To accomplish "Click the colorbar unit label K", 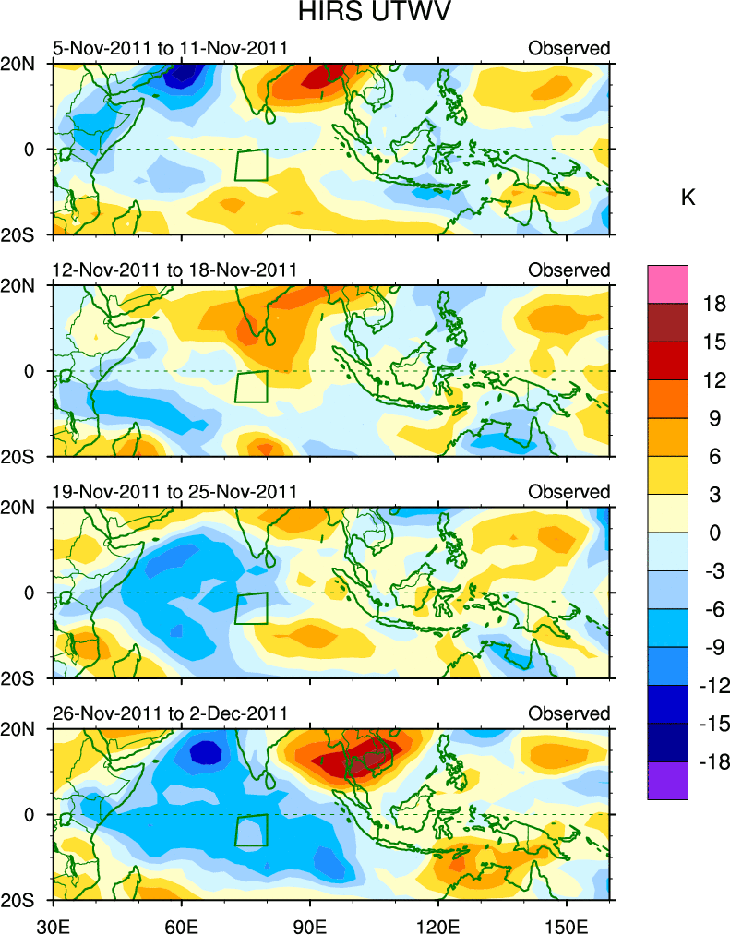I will (688, 198).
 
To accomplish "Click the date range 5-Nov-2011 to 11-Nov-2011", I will (170, 48).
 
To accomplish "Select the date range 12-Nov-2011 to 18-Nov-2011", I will (174, 270).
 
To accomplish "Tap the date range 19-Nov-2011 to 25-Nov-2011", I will (174, 492).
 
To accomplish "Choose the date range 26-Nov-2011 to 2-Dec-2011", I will (170, 713).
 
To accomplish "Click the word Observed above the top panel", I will (568, 48).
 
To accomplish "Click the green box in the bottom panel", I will (251, 830).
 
